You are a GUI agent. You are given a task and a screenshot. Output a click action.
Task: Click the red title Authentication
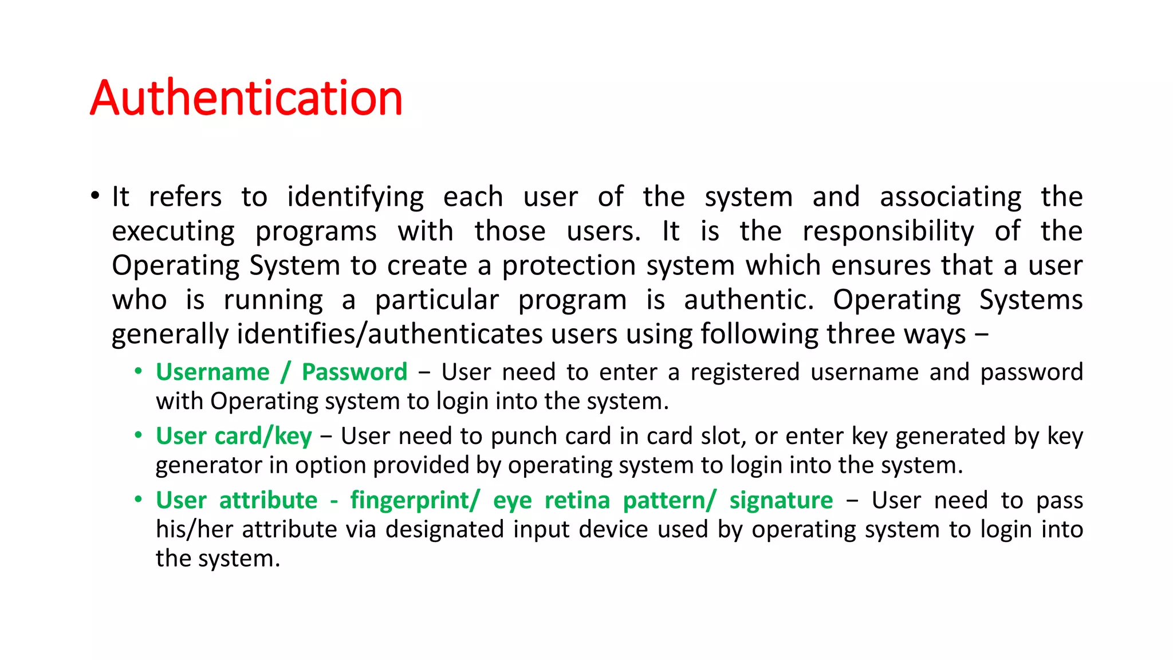(246, 98)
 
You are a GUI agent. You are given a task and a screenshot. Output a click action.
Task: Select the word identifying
(355, 198)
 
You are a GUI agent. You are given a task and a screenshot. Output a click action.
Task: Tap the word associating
(950, 198)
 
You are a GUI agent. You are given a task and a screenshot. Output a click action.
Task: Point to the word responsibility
(888, 232)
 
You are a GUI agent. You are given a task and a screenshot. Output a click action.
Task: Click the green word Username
(212, 372)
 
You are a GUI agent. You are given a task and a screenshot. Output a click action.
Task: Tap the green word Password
(355, 372)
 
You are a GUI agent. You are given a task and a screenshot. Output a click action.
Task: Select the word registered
(745, 372)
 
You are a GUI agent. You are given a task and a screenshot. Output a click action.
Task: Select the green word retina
(577, 501)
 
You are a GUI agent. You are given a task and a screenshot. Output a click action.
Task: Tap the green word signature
(781, 501)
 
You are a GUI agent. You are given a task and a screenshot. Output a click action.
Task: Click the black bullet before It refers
(95, 196)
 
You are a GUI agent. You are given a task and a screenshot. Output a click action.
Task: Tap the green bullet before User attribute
(139, 499)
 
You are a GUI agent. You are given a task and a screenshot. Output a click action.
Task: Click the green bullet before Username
(139, 371)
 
